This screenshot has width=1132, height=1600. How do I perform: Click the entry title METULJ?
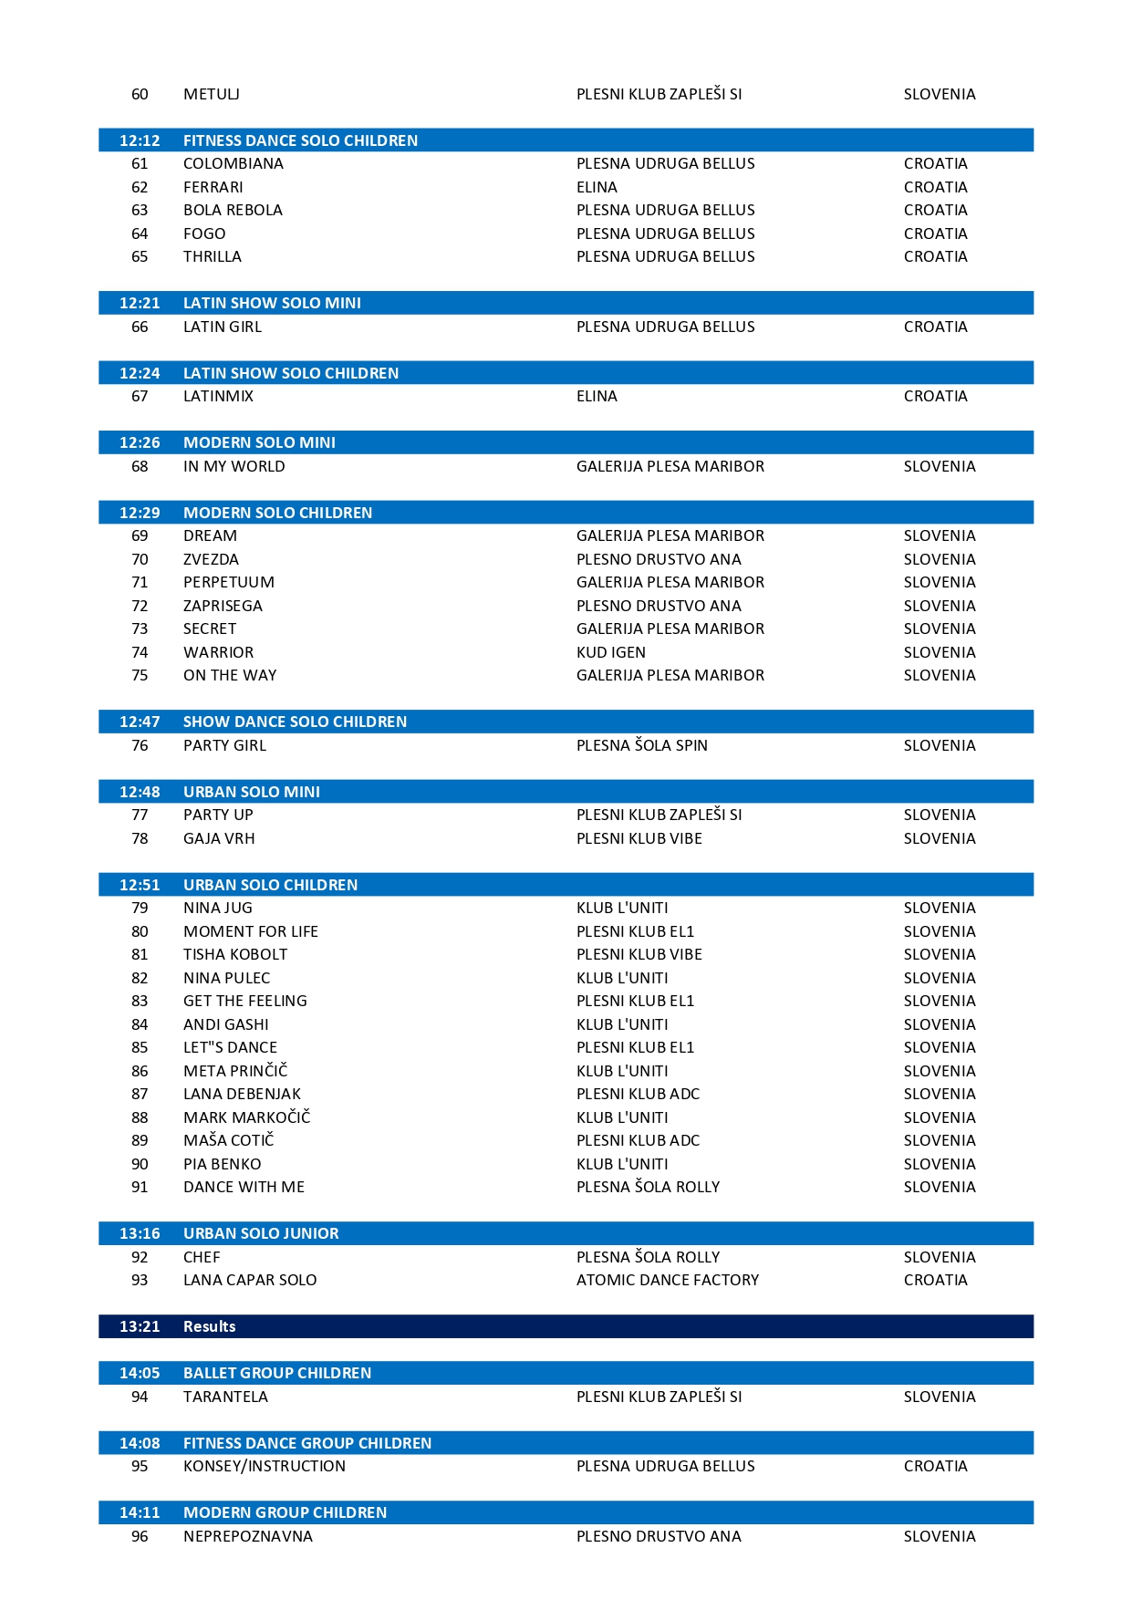point(211,94)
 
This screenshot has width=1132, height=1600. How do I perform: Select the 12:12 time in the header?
point(140,140)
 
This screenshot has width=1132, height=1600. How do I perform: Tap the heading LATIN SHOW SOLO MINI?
point(272,303)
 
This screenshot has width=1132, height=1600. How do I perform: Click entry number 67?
point(140,396)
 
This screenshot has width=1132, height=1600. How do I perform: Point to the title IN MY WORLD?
point(234,466)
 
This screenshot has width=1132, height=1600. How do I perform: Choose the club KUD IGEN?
point(610,652)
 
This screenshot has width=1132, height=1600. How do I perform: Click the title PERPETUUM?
point(228,582)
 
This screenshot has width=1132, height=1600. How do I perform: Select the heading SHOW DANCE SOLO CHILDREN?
point(295,722)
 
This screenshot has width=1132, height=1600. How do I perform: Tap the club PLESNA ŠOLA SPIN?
point(641,745)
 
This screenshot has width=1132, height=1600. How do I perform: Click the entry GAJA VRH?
point(219,838)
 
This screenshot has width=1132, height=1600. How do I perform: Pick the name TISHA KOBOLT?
point(234,954)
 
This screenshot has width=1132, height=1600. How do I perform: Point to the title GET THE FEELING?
point(244,1001)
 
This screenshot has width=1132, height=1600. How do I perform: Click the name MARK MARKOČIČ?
point(246,1117)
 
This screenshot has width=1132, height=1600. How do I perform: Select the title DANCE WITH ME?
point(244,1187)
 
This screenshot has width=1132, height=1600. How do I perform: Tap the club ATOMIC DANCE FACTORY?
point(667,1280)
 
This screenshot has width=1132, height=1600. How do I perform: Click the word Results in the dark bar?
point(209,1326)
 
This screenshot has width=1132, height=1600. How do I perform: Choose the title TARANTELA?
point(225,1397)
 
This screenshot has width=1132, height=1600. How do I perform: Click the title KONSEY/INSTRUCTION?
point(264,1466)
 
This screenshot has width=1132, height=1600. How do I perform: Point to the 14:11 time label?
point(140,1512)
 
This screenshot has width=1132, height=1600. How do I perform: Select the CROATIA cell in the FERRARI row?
point(935,187)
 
